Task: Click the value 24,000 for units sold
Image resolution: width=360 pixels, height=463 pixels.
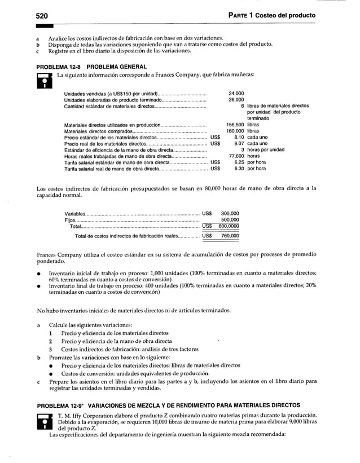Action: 236,93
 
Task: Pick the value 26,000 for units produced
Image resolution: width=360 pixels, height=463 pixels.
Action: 236,99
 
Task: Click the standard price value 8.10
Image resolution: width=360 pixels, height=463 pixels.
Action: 239,137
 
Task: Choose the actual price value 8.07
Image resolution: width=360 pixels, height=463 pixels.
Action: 239,143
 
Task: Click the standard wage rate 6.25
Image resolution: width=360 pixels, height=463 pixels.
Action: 239,162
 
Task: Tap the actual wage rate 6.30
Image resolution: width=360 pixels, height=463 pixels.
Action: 239,168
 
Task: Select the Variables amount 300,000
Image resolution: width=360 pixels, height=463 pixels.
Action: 230,214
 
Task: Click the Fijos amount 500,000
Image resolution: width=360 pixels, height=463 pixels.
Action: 230,220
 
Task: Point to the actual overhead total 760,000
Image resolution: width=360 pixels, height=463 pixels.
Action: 230,236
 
